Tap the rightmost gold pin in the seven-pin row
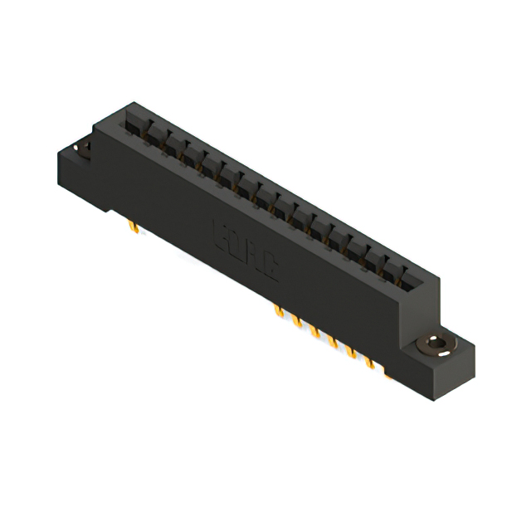click(387, 374)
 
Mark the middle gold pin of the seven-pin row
click(333, 342)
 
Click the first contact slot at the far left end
click(131, 122)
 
